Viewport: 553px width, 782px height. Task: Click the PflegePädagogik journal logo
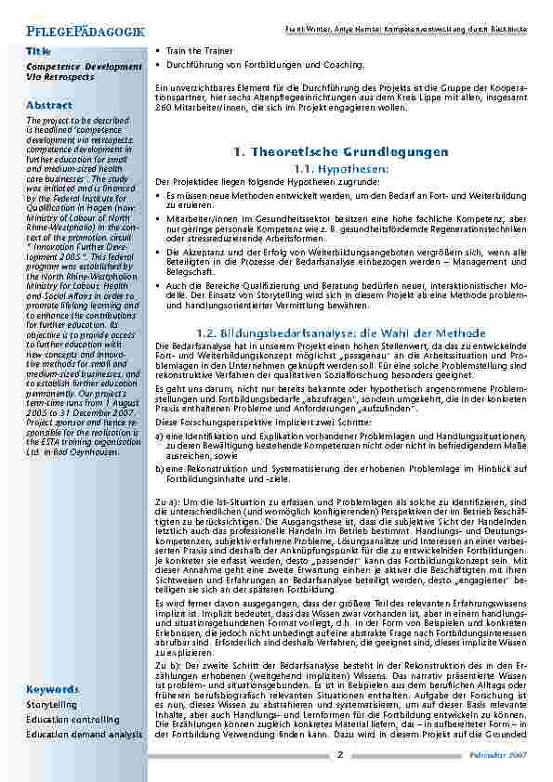(86, 31)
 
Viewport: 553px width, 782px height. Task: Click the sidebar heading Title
(38, 50)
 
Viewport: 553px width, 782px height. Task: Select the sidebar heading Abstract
(49, 105)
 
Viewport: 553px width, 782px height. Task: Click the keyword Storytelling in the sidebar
(52, 705)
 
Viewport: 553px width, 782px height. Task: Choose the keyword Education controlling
(72, 719)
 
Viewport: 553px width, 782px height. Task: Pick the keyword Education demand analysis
(85, 734)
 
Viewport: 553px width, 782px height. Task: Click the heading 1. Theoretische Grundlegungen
(341, 151)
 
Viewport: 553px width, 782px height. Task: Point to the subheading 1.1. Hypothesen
(340, 169)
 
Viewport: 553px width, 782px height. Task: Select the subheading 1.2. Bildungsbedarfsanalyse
(340, 332)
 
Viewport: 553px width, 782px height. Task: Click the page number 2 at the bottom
(340, 755)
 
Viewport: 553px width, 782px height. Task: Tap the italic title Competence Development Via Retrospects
(85, 72)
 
